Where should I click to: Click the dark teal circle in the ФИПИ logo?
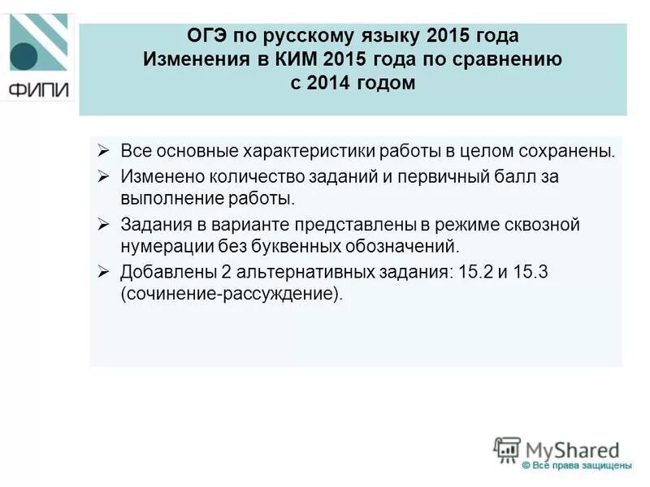point(24,55)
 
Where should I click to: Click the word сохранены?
point(562,152)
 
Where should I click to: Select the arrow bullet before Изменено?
point(103,176)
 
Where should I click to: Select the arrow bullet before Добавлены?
point(103,273)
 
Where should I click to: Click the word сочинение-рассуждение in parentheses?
point(230,294)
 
